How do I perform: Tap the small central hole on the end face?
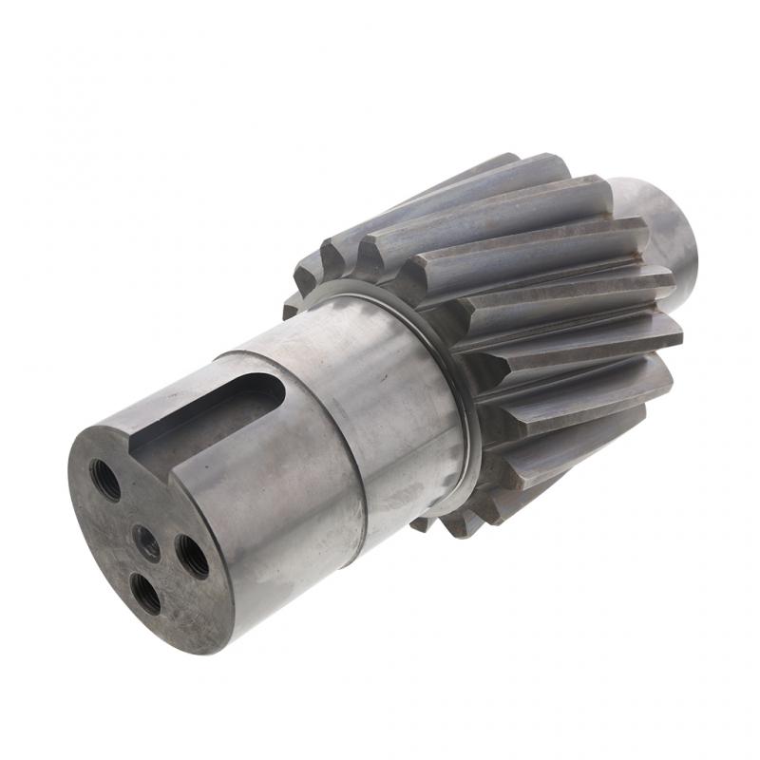147,543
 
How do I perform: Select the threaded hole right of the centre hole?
192,557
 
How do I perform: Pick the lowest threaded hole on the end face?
146,595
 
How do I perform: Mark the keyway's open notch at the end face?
152,446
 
